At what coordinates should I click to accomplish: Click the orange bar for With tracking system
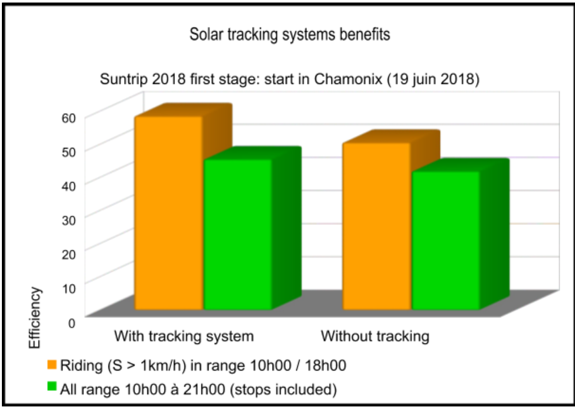(x=169, y=213)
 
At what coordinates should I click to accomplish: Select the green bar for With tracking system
(x=238, y=234)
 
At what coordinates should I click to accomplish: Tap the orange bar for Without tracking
(x=376, y=226)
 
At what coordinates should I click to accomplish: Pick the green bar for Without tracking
(x=445, y=240)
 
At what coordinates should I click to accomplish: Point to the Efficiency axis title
(x=35, y=318)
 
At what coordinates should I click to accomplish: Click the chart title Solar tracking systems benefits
(x=290, y=35)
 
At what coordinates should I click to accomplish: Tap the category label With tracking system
(x=183, y=336)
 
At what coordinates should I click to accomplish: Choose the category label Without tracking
(x=375, y=336)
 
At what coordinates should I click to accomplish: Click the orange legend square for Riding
(x=52, y=365)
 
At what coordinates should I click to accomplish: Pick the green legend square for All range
(x=52, y=386)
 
